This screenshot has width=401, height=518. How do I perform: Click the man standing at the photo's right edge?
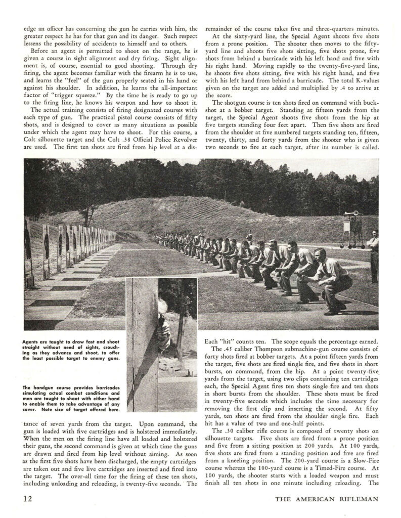coord(374,255)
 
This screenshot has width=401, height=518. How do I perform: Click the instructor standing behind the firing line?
coord(248,236)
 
